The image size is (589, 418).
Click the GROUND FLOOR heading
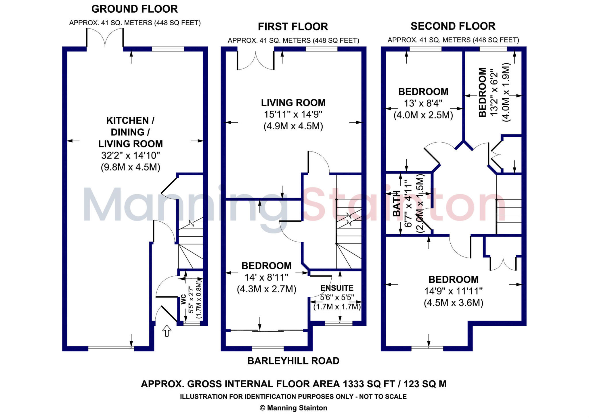[x=135, y=9]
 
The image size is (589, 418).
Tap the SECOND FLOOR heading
[x=453, y=26]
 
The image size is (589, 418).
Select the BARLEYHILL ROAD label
[x=293, y=361]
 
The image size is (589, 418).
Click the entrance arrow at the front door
[x=167, y=331]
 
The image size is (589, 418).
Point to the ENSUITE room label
[x=337, y=288]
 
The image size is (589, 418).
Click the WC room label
[x=183, y=300]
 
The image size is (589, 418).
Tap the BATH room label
[x=397, y=203]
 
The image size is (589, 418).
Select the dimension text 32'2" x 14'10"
[x=130, y=156]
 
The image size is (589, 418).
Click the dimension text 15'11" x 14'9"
[x=293, y=114]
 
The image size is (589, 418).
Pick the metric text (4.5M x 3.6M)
[x=453, y=303]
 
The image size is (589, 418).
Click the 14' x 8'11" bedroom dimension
[x=266, y=277]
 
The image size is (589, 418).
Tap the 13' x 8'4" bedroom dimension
[x=423, y=103]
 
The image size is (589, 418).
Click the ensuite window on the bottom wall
[x=339, y=323]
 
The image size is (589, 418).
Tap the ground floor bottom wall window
[x=111, y=349]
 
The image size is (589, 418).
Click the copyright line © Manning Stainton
[x=293, y=408]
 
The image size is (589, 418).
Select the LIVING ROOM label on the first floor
[x=293, y=103]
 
